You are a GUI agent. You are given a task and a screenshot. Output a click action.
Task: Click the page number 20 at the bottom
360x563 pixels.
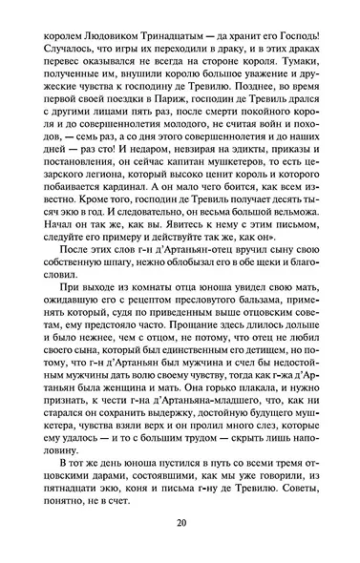point(180,524)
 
